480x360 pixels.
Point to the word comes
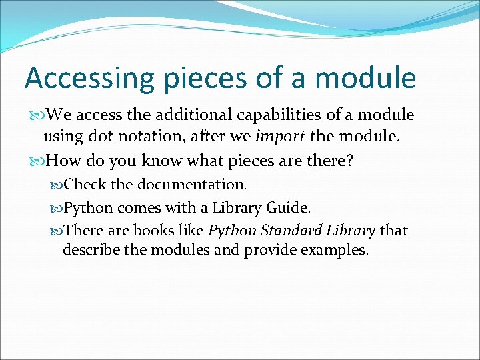click(137, 207)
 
